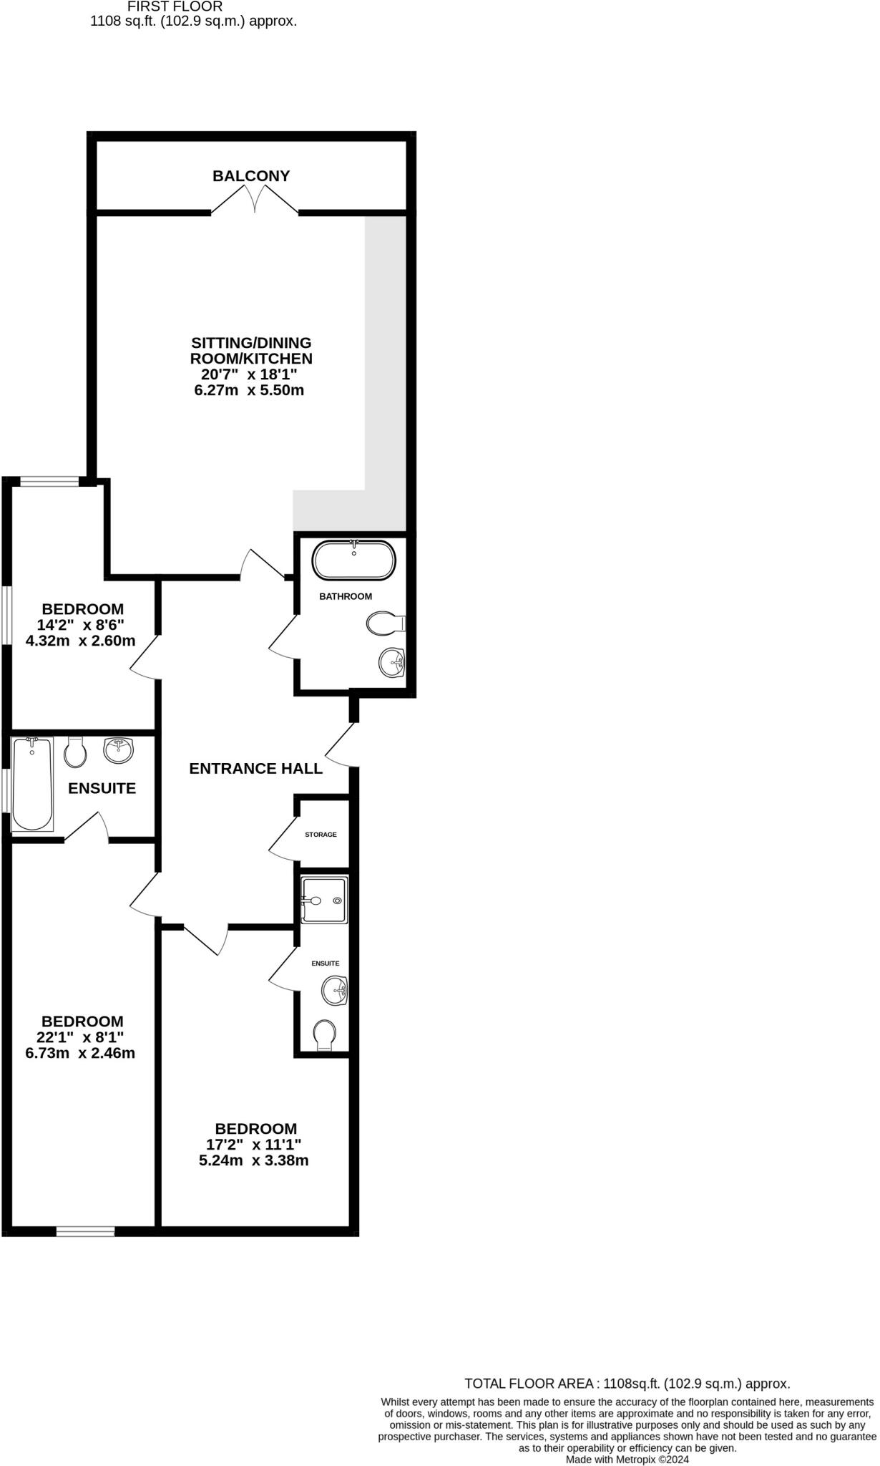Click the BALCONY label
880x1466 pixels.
tap(251, 176)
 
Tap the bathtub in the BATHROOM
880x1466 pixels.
tap(353, 560)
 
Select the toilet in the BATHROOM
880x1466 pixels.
tap(384, 623)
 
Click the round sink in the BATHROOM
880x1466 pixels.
tap(391, 661)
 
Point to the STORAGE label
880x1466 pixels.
tap(321, 835)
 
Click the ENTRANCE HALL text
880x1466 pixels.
tap(255, 769)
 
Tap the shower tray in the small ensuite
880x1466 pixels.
tap(324, 900)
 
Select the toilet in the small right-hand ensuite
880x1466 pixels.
tap(325, 1035)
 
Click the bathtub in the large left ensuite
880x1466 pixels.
tap(32, 784)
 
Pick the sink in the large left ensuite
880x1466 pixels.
tap(118, 750)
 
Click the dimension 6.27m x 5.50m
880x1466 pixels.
tap(249, 391)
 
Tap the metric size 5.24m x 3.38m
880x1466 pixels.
tap(254, 1160)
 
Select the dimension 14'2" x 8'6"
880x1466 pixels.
tap(81, 625)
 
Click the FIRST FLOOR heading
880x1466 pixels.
tap(175, 6)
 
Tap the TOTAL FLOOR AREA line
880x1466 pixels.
tap(627, 1384)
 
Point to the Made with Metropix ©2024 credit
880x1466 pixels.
tap(627, 1459)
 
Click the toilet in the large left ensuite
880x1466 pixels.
tap(75, 752)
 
